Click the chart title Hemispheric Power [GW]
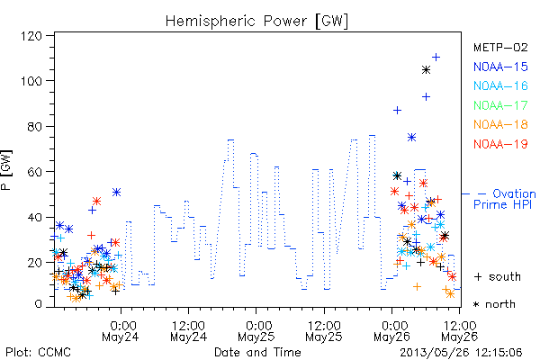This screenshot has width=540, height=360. point(256,21)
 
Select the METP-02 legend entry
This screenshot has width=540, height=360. point(500,47)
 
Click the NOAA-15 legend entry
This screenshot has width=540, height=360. point(500,67)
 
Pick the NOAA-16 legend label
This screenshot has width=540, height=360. point(500,85)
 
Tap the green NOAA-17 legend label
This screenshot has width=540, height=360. point(500,105)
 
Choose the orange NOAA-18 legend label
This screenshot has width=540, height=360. point(500,124)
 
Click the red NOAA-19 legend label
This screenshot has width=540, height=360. point(500,144)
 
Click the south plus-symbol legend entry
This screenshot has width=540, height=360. point(498,276)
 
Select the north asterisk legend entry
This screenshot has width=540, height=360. point(494,304)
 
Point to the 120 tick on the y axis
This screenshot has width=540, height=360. point(31,36)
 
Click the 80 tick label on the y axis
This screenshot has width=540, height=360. point(35,126)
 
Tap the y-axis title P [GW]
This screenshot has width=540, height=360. point(6,170)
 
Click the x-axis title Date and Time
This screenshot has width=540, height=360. point(257,352)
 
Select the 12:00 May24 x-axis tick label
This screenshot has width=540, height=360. point(189,331)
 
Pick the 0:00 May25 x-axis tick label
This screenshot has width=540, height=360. point(256,331)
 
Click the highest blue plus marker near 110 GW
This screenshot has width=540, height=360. point(436,58)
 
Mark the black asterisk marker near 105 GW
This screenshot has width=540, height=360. point(426,70)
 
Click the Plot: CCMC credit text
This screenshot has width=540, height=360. point(38,352)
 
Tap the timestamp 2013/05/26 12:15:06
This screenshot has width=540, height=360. point(461,352)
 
